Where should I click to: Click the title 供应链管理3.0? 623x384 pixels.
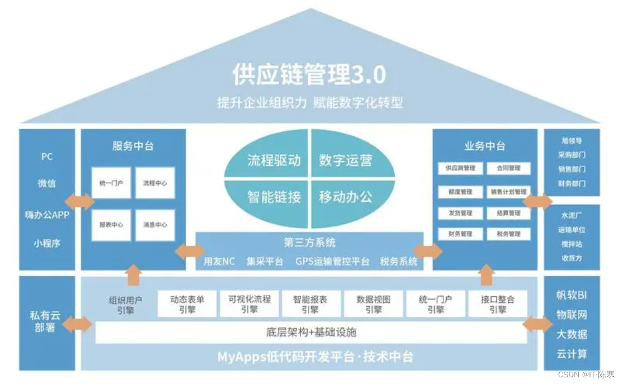coord(310,75)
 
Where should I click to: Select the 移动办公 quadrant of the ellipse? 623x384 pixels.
coord(345,197)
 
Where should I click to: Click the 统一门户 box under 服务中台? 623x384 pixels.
coord(111,183)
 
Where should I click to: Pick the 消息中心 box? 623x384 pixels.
coord(155,225)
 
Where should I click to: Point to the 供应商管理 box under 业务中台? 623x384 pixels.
coord(460,168)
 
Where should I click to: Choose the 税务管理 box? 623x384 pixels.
coord(508,234)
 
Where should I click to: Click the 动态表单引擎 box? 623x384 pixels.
coord(188,304)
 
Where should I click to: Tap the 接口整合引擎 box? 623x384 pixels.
coord(498,304)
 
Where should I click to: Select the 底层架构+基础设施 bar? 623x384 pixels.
coord(311,333)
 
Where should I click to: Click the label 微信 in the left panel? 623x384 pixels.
coord(47,183)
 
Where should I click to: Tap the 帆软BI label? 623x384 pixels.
coord(572,296)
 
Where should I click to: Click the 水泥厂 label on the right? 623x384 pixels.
coord(572,215)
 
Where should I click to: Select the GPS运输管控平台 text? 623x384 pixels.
coord(332,262)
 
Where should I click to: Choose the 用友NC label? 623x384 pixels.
coord(219,262)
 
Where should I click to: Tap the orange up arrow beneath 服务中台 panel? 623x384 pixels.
coord(134,274)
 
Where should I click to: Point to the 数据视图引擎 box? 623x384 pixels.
coord(373,304)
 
